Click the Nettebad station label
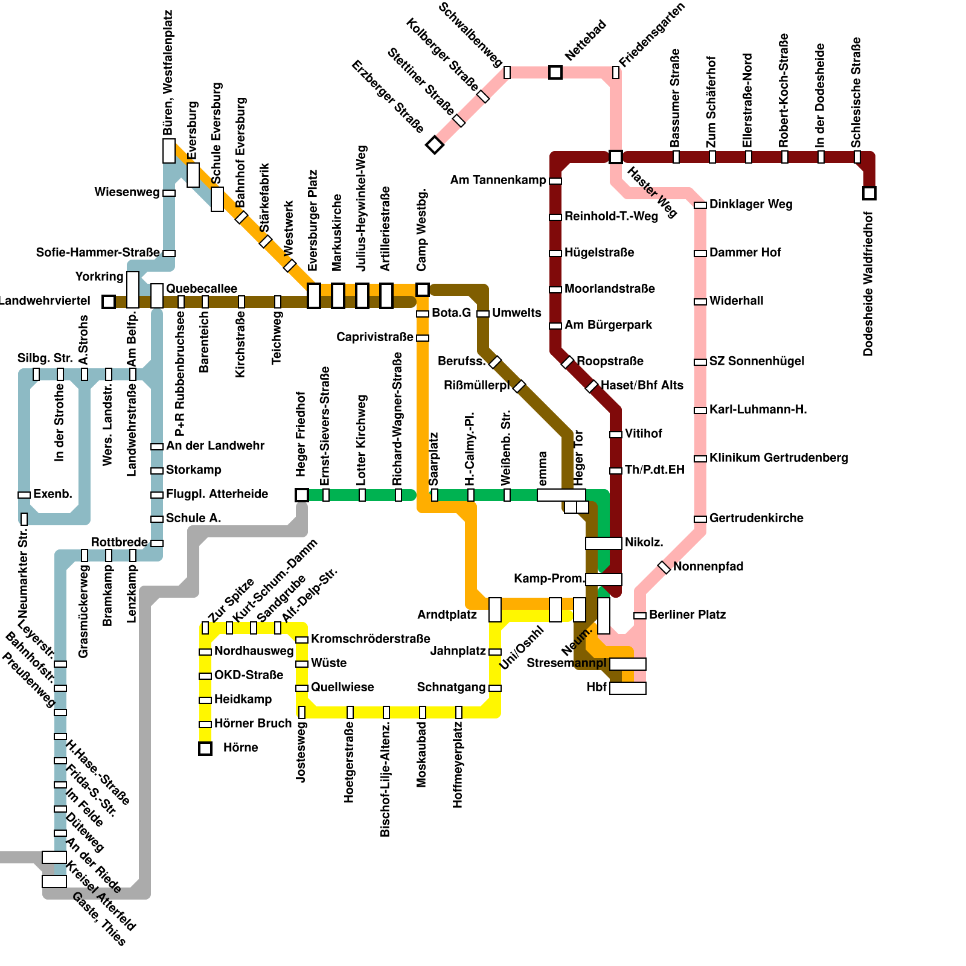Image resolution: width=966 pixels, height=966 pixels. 585,41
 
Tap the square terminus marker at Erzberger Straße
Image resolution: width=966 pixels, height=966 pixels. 435,145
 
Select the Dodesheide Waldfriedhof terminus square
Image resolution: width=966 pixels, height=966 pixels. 869,193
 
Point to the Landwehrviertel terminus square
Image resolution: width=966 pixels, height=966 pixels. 109,301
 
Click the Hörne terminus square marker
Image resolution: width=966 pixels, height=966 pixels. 205,749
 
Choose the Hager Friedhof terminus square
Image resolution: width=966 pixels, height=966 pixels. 302,495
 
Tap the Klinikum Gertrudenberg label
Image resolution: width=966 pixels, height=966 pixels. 778,458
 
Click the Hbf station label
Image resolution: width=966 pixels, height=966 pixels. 597,687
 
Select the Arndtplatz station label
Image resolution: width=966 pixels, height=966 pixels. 447,615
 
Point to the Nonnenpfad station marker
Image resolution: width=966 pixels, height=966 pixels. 664,568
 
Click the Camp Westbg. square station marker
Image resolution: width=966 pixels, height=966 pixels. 423,290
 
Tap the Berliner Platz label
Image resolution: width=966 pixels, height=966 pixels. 687,615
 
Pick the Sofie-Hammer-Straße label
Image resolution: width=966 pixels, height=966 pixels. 98,252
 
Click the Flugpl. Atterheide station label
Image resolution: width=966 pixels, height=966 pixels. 217,494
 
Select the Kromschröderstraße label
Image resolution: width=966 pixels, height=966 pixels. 370,639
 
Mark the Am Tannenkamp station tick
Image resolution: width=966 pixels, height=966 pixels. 555,181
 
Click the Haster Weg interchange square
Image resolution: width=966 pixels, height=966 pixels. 616,157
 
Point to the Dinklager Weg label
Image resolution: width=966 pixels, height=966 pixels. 750,204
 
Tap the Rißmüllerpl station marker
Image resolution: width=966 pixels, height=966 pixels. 519,386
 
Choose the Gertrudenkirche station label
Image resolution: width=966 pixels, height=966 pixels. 756,518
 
